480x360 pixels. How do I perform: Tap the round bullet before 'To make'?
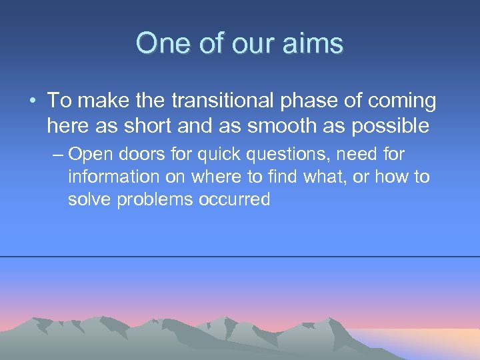pos(33,101)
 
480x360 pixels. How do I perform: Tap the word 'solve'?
pos(90,200)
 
